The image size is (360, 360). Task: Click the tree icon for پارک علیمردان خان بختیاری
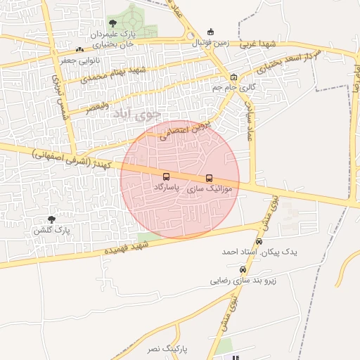113,23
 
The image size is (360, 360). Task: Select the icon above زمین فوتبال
211,32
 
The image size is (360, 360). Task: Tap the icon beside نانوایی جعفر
79,49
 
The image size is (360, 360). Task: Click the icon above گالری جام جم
233,77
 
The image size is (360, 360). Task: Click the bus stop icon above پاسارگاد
166,177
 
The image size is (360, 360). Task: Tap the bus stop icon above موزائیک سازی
209,178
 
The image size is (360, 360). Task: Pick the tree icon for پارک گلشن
51,220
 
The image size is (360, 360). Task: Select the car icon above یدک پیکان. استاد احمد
259,241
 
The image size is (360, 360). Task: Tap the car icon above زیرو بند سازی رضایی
243,269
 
